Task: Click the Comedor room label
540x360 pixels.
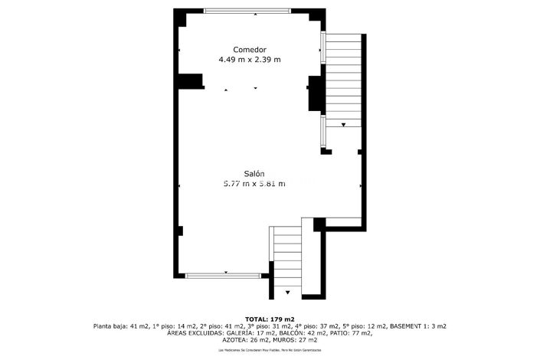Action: pos(250,49)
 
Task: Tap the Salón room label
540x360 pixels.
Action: pos(254,174)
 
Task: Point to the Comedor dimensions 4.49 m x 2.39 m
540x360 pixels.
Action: pos(250,60)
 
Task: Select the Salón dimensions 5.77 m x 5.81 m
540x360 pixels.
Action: pos(254,184)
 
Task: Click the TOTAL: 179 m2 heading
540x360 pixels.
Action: pos(270,319)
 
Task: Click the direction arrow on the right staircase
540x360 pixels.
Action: pos(343,124)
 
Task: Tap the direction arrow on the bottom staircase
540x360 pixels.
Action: pos(288,292)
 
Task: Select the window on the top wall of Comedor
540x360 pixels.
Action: pos(247,10)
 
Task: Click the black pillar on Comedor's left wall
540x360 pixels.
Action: pos(190,81)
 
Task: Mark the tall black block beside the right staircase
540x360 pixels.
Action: pos(314,94)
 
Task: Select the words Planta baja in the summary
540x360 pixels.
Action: pos(111,326)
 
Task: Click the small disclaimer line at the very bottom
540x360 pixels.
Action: pos(270,350)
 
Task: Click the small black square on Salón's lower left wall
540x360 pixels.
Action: pos(180,231)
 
